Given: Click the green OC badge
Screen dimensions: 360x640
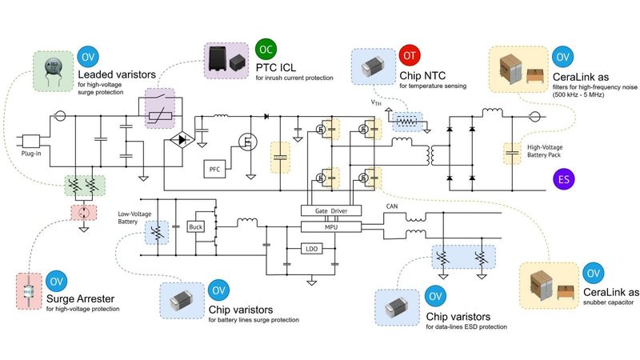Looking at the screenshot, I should pos(266,49).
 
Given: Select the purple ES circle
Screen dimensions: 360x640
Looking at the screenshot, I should pos(565,180).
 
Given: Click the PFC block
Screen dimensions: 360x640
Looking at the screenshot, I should pos(214,169).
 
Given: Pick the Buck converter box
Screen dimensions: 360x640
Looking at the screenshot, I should pos(197,226).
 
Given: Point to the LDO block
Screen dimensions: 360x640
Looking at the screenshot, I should pos(312,249).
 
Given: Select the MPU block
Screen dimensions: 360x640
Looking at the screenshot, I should pos(330,227).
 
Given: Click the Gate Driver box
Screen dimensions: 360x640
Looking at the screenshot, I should pos(330,210).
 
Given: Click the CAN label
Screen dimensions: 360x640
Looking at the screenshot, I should pos(393,206).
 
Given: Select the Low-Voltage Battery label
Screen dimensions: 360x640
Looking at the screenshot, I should pos(134,218).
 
